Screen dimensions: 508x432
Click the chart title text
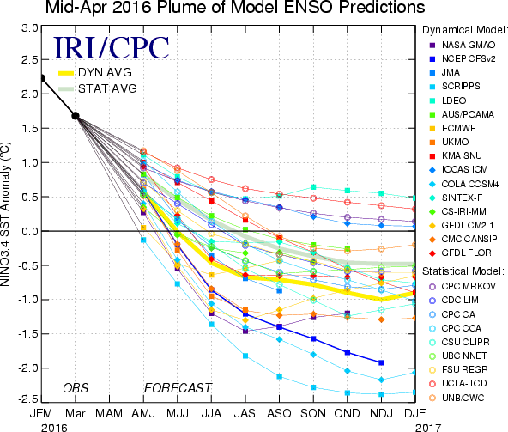click(235, 7)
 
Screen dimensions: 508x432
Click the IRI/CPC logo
click(112, 48)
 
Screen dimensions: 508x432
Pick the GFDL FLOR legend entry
click(460, 253)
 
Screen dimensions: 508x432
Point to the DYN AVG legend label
click(105, 72)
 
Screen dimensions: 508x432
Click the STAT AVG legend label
click(107, 88)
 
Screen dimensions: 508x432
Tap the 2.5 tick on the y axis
click(30, 60)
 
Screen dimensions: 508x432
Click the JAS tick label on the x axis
click(245, 413)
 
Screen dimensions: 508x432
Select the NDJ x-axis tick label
click(381, 413)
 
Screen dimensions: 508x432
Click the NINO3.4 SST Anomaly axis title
click(5, 215)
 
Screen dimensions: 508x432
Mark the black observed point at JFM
click(42, 78)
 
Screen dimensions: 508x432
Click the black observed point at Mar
click(76, 116)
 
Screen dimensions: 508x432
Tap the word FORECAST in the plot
click(178, 388)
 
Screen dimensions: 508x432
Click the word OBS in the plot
click(76, 388)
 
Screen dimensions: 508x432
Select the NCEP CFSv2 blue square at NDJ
click(381, 362)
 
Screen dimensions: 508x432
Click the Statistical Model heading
click(463, 271)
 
